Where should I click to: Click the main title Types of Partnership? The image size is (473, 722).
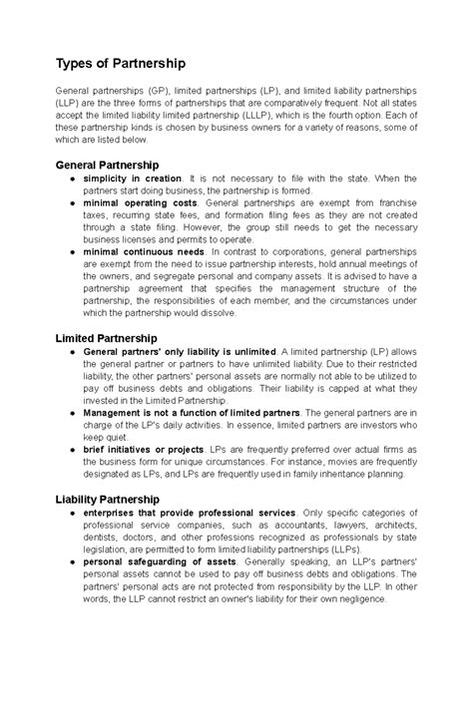pyautogui.click(x=120, y=64)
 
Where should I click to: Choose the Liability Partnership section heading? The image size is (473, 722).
pyautogui.click(x=108, y=498)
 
